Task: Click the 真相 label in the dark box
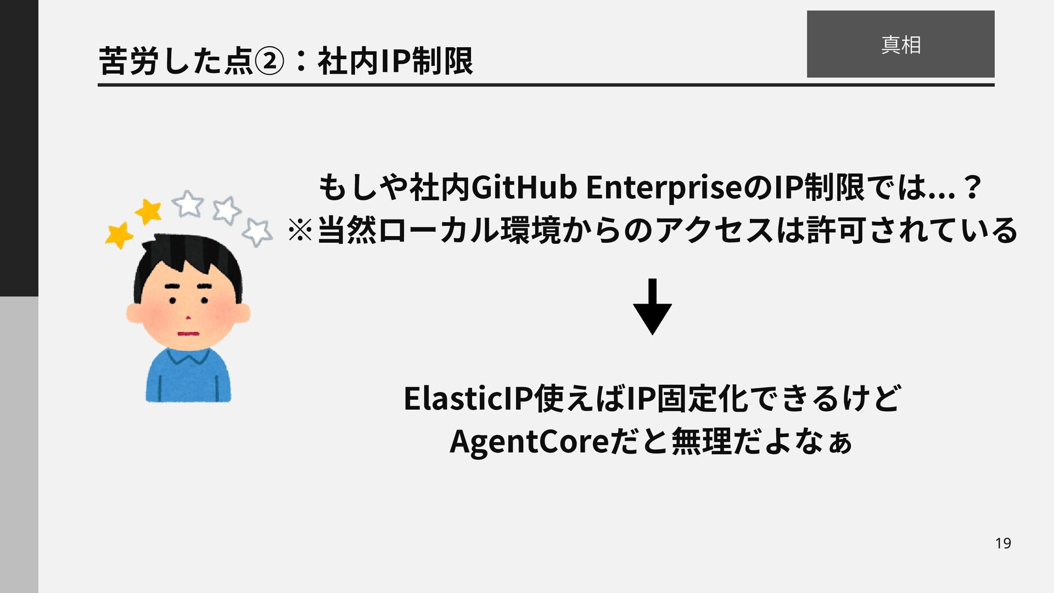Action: [x=900, y=44]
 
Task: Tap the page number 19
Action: [x=1003, y=543]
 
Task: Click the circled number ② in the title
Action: [x=270, y=61]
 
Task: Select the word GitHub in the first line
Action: [x=524, y=187]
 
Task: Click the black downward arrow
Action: [x=652, y=307]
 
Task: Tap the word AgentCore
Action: [x=529, y=441]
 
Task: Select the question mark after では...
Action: [x=972, y=187]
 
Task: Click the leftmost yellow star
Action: [x=119, y=235]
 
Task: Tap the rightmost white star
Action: [x=257, y=232]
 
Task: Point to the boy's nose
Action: [x=188, y=317]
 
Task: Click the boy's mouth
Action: [x=188, y=334]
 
